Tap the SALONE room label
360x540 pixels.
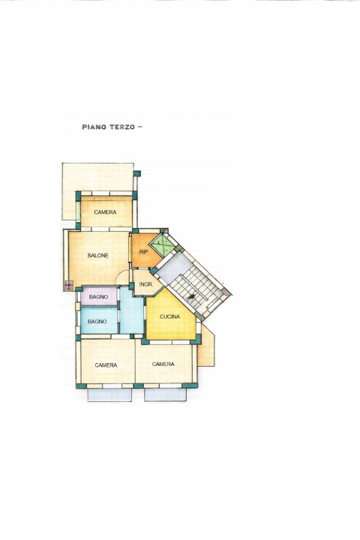click(x=98, y=256)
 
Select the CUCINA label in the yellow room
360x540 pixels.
click(x=169, y=317)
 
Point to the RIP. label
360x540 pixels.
click(x=144, y=253)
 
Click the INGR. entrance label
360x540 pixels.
click(x=146, y=285)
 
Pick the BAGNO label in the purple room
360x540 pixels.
click(x=98, y=298)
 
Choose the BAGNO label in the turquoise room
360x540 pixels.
click(x=98, y=322)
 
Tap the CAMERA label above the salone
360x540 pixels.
click(x=105, y=213)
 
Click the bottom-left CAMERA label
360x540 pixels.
click(x=106, y=365)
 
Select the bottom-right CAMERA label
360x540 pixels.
click(x=163, y=364)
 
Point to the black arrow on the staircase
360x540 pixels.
click(x=193, y=298)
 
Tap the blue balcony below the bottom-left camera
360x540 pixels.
click(x=109, y=394)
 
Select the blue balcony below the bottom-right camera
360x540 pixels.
click(x=165, y=394)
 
